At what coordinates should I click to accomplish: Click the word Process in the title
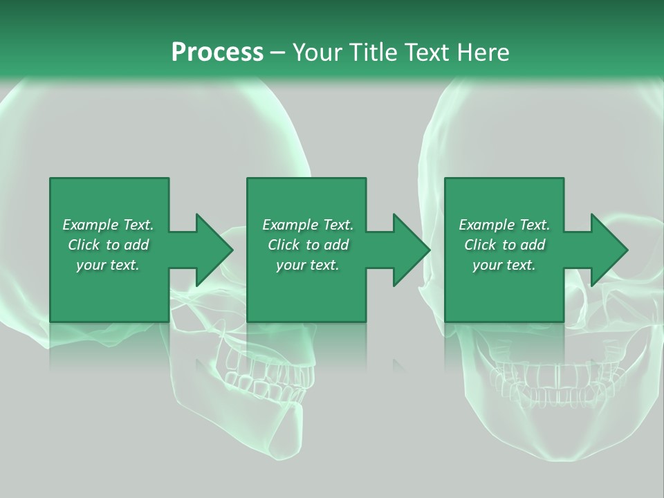pyautogui.click(x=217, y=53)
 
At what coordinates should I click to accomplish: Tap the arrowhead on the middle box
pyautogui.click(x=411, y=250)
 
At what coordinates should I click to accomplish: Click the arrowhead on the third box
pyautogui.click(x=609, y=250)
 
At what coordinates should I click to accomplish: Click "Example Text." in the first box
pyautogui.click(x=108, y=225)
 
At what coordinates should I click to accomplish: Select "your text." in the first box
pyautogui.click(x=108, y=265)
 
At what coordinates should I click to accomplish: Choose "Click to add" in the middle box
pyautogui.click(x=308, y=245)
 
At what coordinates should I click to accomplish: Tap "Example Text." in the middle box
pyautogui.click(x=308, y=225)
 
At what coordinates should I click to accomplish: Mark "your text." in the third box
pyautogui.click(x=504, y=265)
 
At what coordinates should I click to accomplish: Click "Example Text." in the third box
pyautogui.click(x=504, y=225)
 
